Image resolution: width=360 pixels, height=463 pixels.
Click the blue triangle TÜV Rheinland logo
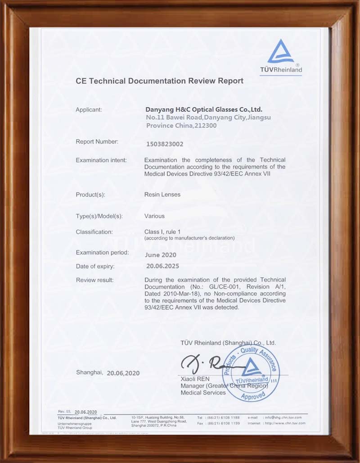281,52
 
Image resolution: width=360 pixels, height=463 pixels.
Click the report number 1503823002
165,144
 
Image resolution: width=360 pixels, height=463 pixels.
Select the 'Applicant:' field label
89,109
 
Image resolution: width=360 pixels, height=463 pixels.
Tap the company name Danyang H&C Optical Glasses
204,109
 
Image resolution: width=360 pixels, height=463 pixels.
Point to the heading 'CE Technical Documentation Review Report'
159,81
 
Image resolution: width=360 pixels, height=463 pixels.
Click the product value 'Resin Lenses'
162,195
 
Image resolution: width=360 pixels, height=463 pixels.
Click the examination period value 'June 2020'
161,255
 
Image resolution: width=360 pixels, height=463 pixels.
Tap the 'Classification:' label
94,232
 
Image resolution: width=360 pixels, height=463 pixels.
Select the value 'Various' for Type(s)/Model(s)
154,216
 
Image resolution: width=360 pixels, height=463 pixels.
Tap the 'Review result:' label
94,280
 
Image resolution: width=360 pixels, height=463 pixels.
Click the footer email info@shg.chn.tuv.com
285,418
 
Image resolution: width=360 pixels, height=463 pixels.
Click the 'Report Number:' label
97,142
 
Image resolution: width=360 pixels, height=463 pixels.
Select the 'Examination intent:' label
101,160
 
